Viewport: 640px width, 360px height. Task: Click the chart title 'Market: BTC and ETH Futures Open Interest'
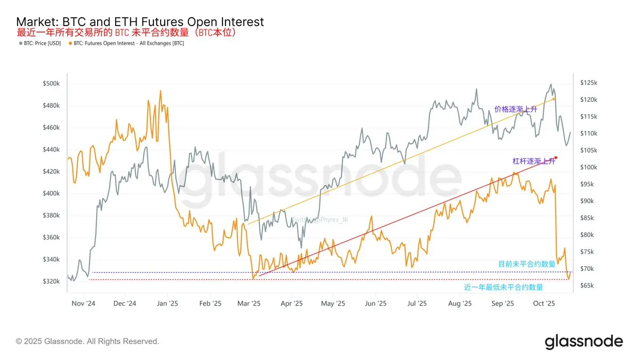pos(140,22)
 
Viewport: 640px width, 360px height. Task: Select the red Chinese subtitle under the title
pos(127,33)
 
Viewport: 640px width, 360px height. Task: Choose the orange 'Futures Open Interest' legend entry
pos(128,43)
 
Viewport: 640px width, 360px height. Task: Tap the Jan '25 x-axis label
pos(167,303)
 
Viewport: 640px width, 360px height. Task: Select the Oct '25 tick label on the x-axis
pos(545,303)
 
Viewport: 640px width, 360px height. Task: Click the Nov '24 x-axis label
pos(83,303)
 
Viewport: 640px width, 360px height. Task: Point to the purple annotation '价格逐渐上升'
pos(515,109)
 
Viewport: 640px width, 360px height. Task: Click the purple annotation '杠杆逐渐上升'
pos(533,161)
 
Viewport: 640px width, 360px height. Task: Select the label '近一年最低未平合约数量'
pos(503,287)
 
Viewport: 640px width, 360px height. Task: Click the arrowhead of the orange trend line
pos(554,99)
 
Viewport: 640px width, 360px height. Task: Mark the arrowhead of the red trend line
pos(556,157)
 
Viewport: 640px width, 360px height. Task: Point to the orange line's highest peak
pos(161,91)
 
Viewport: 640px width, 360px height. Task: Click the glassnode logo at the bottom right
pos(583,341)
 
